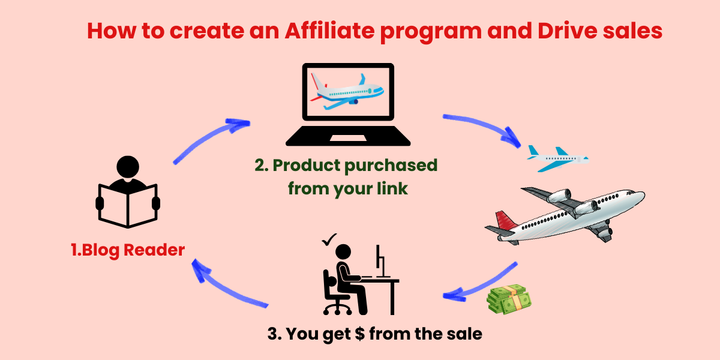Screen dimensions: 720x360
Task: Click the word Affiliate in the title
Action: (329, 31)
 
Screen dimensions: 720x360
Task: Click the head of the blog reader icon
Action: (128, 167)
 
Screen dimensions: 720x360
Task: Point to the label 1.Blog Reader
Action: (128, 250)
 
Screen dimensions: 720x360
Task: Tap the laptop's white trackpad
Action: (348, 138)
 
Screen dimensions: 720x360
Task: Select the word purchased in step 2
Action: (391, 166)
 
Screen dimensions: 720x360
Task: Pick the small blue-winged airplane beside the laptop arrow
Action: (557, 159)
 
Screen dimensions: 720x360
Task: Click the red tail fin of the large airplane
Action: (504, 222)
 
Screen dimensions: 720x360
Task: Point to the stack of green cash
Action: (509, 299)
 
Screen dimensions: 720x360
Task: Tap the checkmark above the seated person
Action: (329, 239)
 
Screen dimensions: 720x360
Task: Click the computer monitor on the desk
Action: (380, 260)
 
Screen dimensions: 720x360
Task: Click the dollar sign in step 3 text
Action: (360, 334)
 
